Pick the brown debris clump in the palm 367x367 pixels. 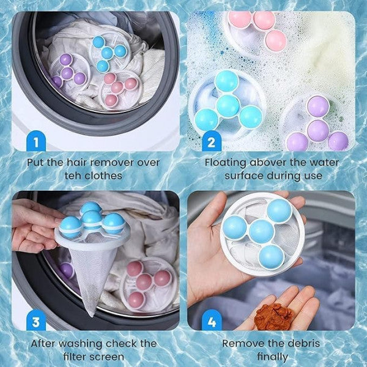272,316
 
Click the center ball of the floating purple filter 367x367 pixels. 317,129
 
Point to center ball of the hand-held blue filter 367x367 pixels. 261,231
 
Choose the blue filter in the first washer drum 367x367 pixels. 108,52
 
